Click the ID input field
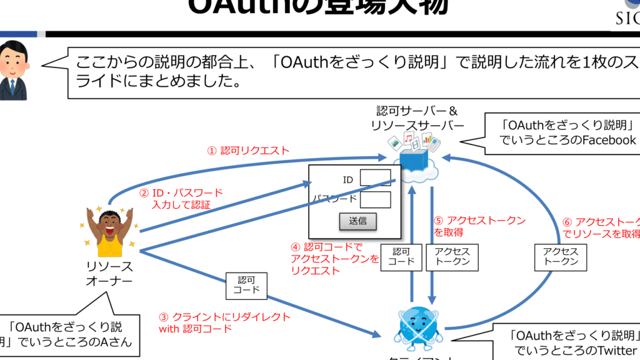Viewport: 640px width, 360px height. [x=376, y=178]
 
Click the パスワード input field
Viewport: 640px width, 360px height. [x=376, y=199]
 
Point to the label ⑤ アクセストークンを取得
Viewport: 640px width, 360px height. [x=479, y=226]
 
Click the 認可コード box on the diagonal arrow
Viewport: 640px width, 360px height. [x=246, y=285]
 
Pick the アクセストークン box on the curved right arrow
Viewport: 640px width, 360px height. [x=561, y=256]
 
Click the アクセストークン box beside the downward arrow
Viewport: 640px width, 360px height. [x=452, y=256]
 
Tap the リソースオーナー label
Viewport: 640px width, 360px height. [x=109, y=274]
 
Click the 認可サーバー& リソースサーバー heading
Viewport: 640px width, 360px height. [x=417, y=118]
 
